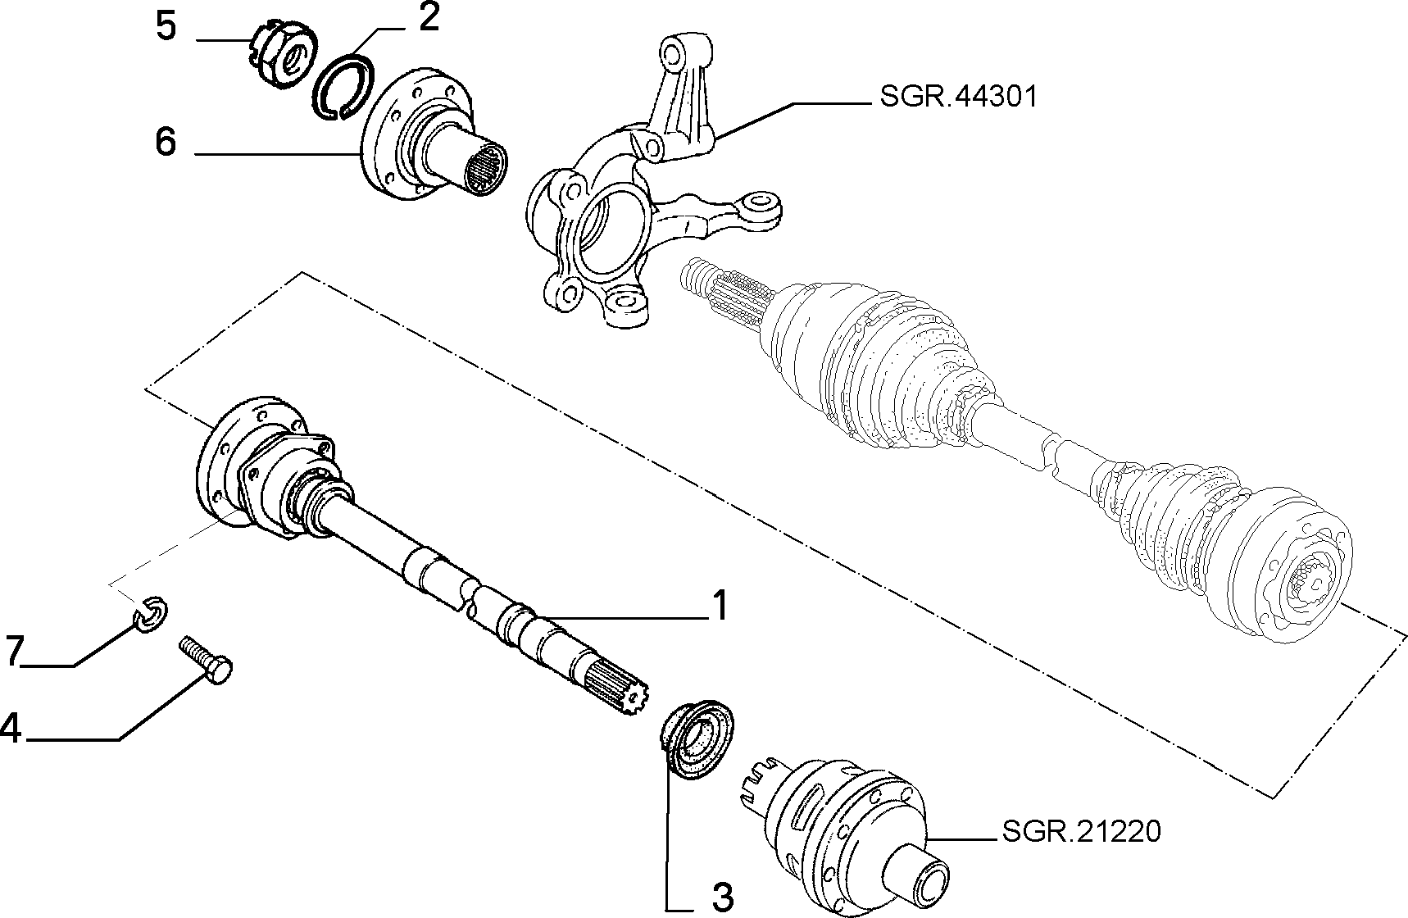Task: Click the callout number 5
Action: coord(166,26)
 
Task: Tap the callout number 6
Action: coord(166,143)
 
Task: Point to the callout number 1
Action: coord(719,607)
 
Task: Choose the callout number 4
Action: coord(11,727)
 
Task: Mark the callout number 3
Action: coord(722,898)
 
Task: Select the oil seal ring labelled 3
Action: coord(697,737)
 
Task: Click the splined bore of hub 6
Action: coord(486,168)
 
